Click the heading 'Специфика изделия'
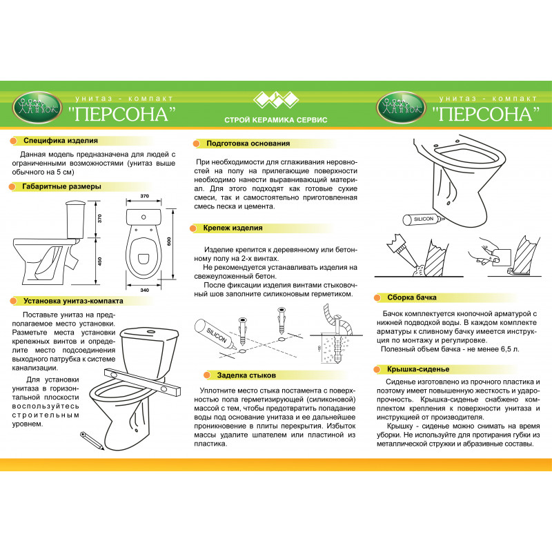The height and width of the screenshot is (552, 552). (61, 141)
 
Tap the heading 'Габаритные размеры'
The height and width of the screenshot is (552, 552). (61, 186)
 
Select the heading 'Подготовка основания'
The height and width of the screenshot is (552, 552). (248, 144)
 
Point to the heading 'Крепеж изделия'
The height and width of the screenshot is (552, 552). (233, 228)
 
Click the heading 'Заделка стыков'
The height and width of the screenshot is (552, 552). (246, 375)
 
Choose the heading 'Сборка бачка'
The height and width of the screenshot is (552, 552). (411, 297)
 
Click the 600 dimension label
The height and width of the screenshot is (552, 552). (169, 241)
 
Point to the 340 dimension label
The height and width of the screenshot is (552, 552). (144, 290)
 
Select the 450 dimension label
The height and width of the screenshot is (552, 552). (100, 262)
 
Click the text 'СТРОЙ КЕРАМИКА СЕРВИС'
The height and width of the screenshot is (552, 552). (275, 120)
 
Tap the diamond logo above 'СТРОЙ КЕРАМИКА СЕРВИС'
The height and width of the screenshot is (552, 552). (276, 99)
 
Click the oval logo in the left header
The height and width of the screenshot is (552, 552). (37, 108)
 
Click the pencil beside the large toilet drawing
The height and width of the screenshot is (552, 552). (92, 440)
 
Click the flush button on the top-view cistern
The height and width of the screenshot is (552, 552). (144, 217)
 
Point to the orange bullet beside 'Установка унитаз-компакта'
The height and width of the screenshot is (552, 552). (14, 301)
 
